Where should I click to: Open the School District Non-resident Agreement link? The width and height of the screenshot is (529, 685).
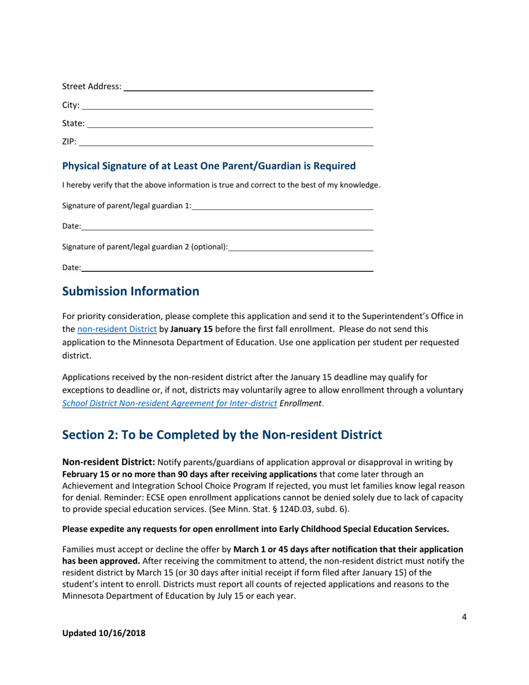(x=170, y=403)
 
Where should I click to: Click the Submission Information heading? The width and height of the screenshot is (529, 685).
(x=130, y=291)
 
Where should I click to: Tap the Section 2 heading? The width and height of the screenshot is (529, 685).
(x=222, y=434)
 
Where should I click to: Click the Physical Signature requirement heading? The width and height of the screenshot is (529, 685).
(x=208, y=166)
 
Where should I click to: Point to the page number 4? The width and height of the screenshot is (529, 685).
(x=464, y=616)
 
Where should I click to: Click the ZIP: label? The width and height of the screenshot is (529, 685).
(x=69, y=142)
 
